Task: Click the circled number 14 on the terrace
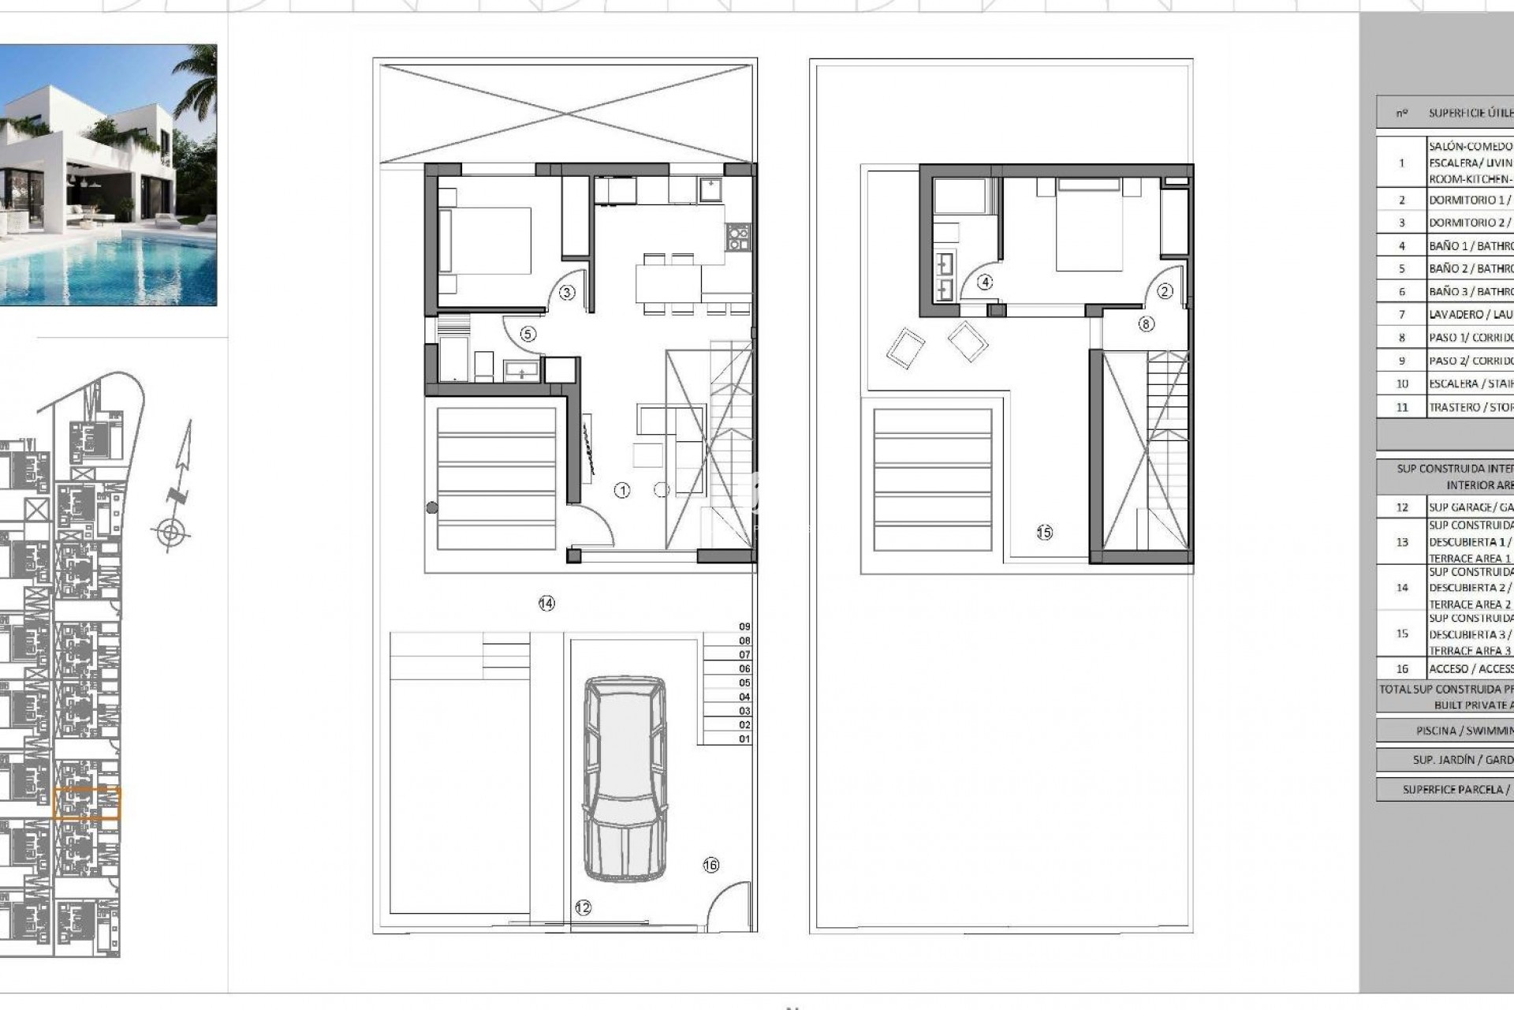546,604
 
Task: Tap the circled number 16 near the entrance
710,865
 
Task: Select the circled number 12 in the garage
583,908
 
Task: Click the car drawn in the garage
625,778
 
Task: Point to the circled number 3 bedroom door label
567,293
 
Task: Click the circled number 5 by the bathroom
528,334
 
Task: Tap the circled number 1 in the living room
622,491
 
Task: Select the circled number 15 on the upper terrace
1044,533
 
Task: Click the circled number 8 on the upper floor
1146,324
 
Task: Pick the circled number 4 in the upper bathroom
984,282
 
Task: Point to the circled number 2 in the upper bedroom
1165,291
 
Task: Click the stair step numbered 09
744,627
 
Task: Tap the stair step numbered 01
744,739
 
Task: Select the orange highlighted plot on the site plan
87,803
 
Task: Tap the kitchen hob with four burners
738,238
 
